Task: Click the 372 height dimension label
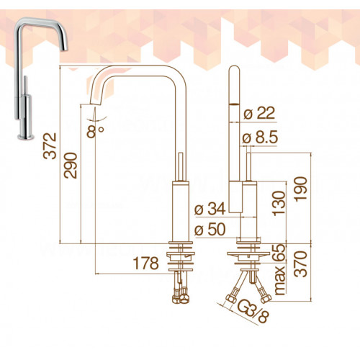click(50, 146)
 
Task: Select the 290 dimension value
click(71, 165)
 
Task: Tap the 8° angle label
click(95, 131)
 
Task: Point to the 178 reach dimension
click(146, 263)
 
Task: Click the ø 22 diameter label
click(259, 113)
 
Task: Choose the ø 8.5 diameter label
click(260, 138)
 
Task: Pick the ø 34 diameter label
click(210, 208)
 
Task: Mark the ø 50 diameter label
click(210, 229)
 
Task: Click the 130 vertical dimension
click(279, 203)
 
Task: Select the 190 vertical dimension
click(301, 189)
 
